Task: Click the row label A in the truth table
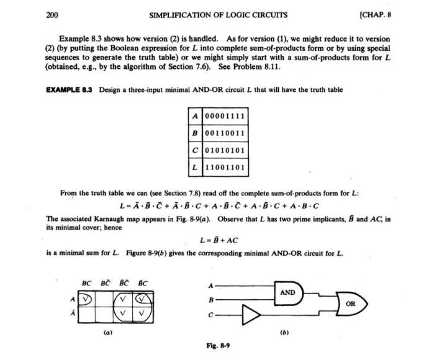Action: [194, 116]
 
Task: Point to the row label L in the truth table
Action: [194, 167]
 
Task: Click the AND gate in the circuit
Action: [287, 292]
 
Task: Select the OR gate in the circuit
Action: [350, 304]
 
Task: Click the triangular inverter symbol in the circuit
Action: [251, 317]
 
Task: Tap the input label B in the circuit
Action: [212, 299]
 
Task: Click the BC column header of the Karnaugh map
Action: [87, 284]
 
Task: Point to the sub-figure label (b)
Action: [285, 333]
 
